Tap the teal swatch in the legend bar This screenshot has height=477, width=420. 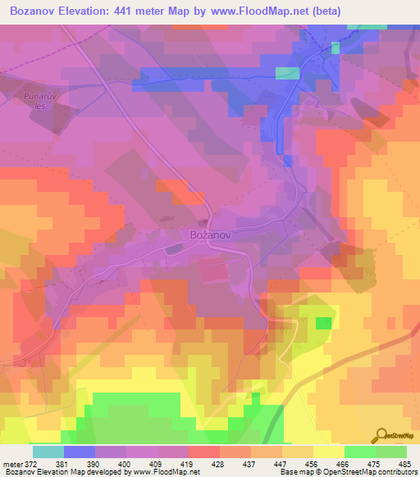click(48, 452)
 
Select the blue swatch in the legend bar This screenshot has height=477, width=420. click(79, 452)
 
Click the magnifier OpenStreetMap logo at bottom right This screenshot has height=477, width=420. click(381, 435)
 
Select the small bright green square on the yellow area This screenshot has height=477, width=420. click(324, 323)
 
